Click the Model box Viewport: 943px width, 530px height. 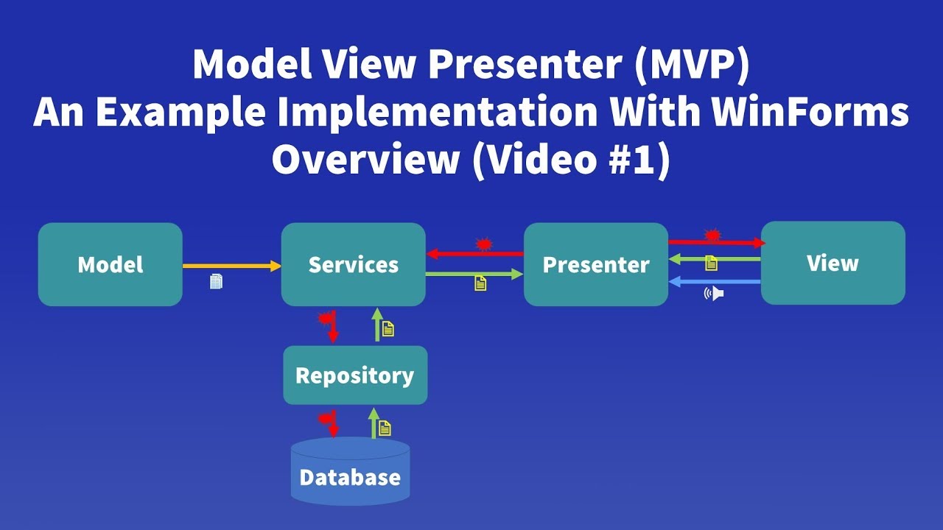[x=110, y=264]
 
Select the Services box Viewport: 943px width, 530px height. [x=353, y=264]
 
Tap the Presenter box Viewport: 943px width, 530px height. [x=595, y=264]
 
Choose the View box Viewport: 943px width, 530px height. [x=832, y=263]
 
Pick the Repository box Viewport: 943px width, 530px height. [x=354, y=375]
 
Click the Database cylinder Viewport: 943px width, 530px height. [x=350, y=475]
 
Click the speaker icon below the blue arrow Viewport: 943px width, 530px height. [x=714, y=294]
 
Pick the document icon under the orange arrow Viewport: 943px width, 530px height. [x=216, y=281]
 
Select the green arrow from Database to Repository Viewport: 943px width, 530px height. [x=374, y=423]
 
